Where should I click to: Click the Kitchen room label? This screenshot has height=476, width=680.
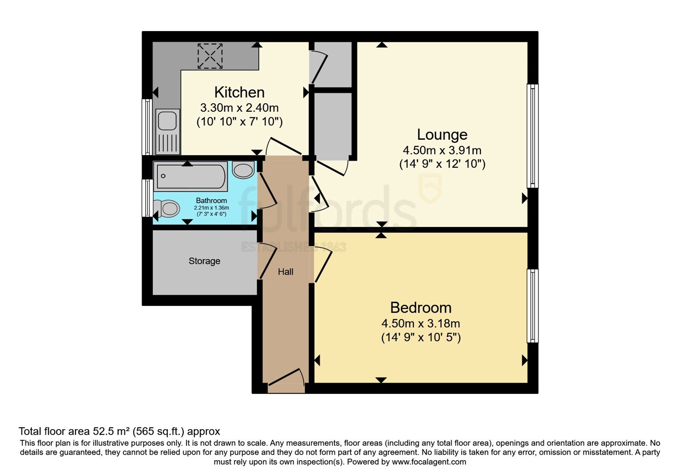click(x=239, y=92)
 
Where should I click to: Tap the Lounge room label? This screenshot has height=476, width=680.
click(x=442, y=135)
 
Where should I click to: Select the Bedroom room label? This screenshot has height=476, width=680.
click(x=421, y=308)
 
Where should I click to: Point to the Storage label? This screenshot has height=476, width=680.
click(x=204, y=261)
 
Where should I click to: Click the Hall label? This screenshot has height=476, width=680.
click(x=286, y=272)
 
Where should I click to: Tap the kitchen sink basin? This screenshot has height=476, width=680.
click(x=167, y=121)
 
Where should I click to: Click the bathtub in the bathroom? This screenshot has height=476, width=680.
click(x=190, y=176)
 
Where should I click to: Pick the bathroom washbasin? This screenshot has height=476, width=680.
click(x=243, y=170)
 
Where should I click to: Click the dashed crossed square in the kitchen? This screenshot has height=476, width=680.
click(x=210, y=56)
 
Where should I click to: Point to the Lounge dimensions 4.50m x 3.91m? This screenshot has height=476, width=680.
click(x=442, y=150)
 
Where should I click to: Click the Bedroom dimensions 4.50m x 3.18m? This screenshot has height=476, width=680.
click(x=421, y=323)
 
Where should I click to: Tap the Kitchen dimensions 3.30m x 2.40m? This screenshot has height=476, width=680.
click(x=239, y=108)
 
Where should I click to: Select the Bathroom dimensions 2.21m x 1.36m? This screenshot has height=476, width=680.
click(x=211, y=208)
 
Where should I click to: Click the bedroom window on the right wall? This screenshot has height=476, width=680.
click(x=533, y=306)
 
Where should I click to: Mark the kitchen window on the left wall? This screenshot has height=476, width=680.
click(x=147, y=127)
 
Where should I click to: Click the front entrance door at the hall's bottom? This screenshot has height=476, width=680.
click(x=286, y=380)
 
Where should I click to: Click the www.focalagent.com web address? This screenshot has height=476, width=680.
click(x=429, y=462)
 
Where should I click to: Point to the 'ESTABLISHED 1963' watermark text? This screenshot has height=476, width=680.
click(x=294, y=247)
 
